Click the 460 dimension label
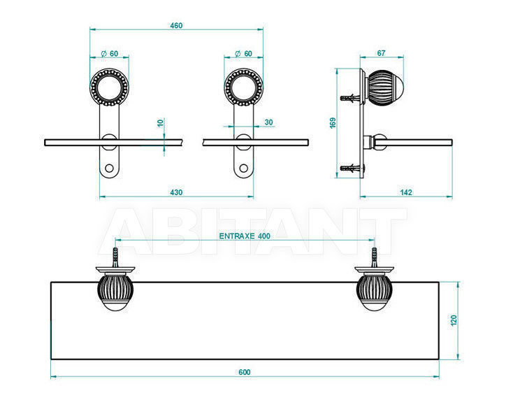[176, 25]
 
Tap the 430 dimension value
[176, 192]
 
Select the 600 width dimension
[245, 372]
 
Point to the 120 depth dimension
[454, 320]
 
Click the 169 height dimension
[333, 123]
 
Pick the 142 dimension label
[406, 192]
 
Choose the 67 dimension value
[381, 53]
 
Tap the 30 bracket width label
[268, 122]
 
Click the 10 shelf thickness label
[161, 122]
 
